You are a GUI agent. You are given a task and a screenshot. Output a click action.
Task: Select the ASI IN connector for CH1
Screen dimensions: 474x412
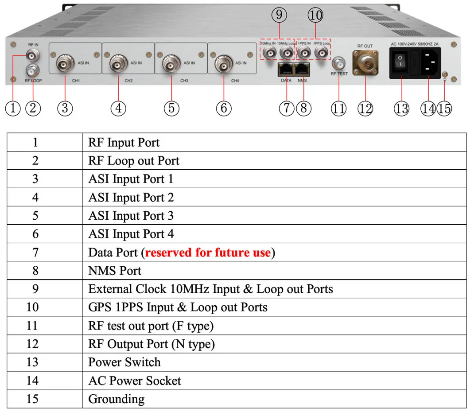(x=65, y=65)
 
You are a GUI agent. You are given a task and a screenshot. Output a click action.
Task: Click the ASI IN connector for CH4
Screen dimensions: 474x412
(x=223, y=65)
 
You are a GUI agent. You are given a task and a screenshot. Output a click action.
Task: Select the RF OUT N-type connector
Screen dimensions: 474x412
(x=365, y=62)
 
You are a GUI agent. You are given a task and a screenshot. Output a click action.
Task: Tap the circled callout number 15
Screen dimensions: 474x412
(x=444, y=109)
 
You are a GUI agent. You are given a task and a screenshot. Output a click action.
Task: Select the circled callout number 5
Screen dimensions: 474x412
(x=171, y=109)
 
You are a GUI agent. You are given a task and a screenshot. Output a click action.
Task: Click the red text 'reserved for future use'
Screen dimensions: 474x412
(x=208, y=253)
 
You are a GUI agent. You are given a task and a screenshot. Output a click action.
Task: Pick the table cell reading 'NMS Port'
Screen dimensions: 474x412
(x=115, y=271)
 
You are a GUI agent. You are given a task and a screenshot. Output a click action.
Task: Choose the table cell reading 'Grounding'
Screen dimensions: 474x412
(x=116, y=399)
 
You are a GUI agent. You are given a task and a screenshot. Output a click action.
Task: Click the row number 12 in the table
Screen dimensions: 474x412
(x=32, y=344)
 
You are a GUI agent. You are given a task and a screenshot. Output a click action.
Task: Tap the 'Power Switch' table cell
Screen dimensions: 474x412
(x=124, y=362)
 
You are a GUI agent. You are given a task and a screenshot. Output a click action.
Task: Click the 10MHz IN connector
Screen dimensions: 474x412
(x=268, y=54)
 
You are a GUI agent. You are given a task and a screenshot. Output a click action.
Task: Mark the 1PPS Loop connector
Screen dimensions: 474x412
(x=321, y=54)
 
